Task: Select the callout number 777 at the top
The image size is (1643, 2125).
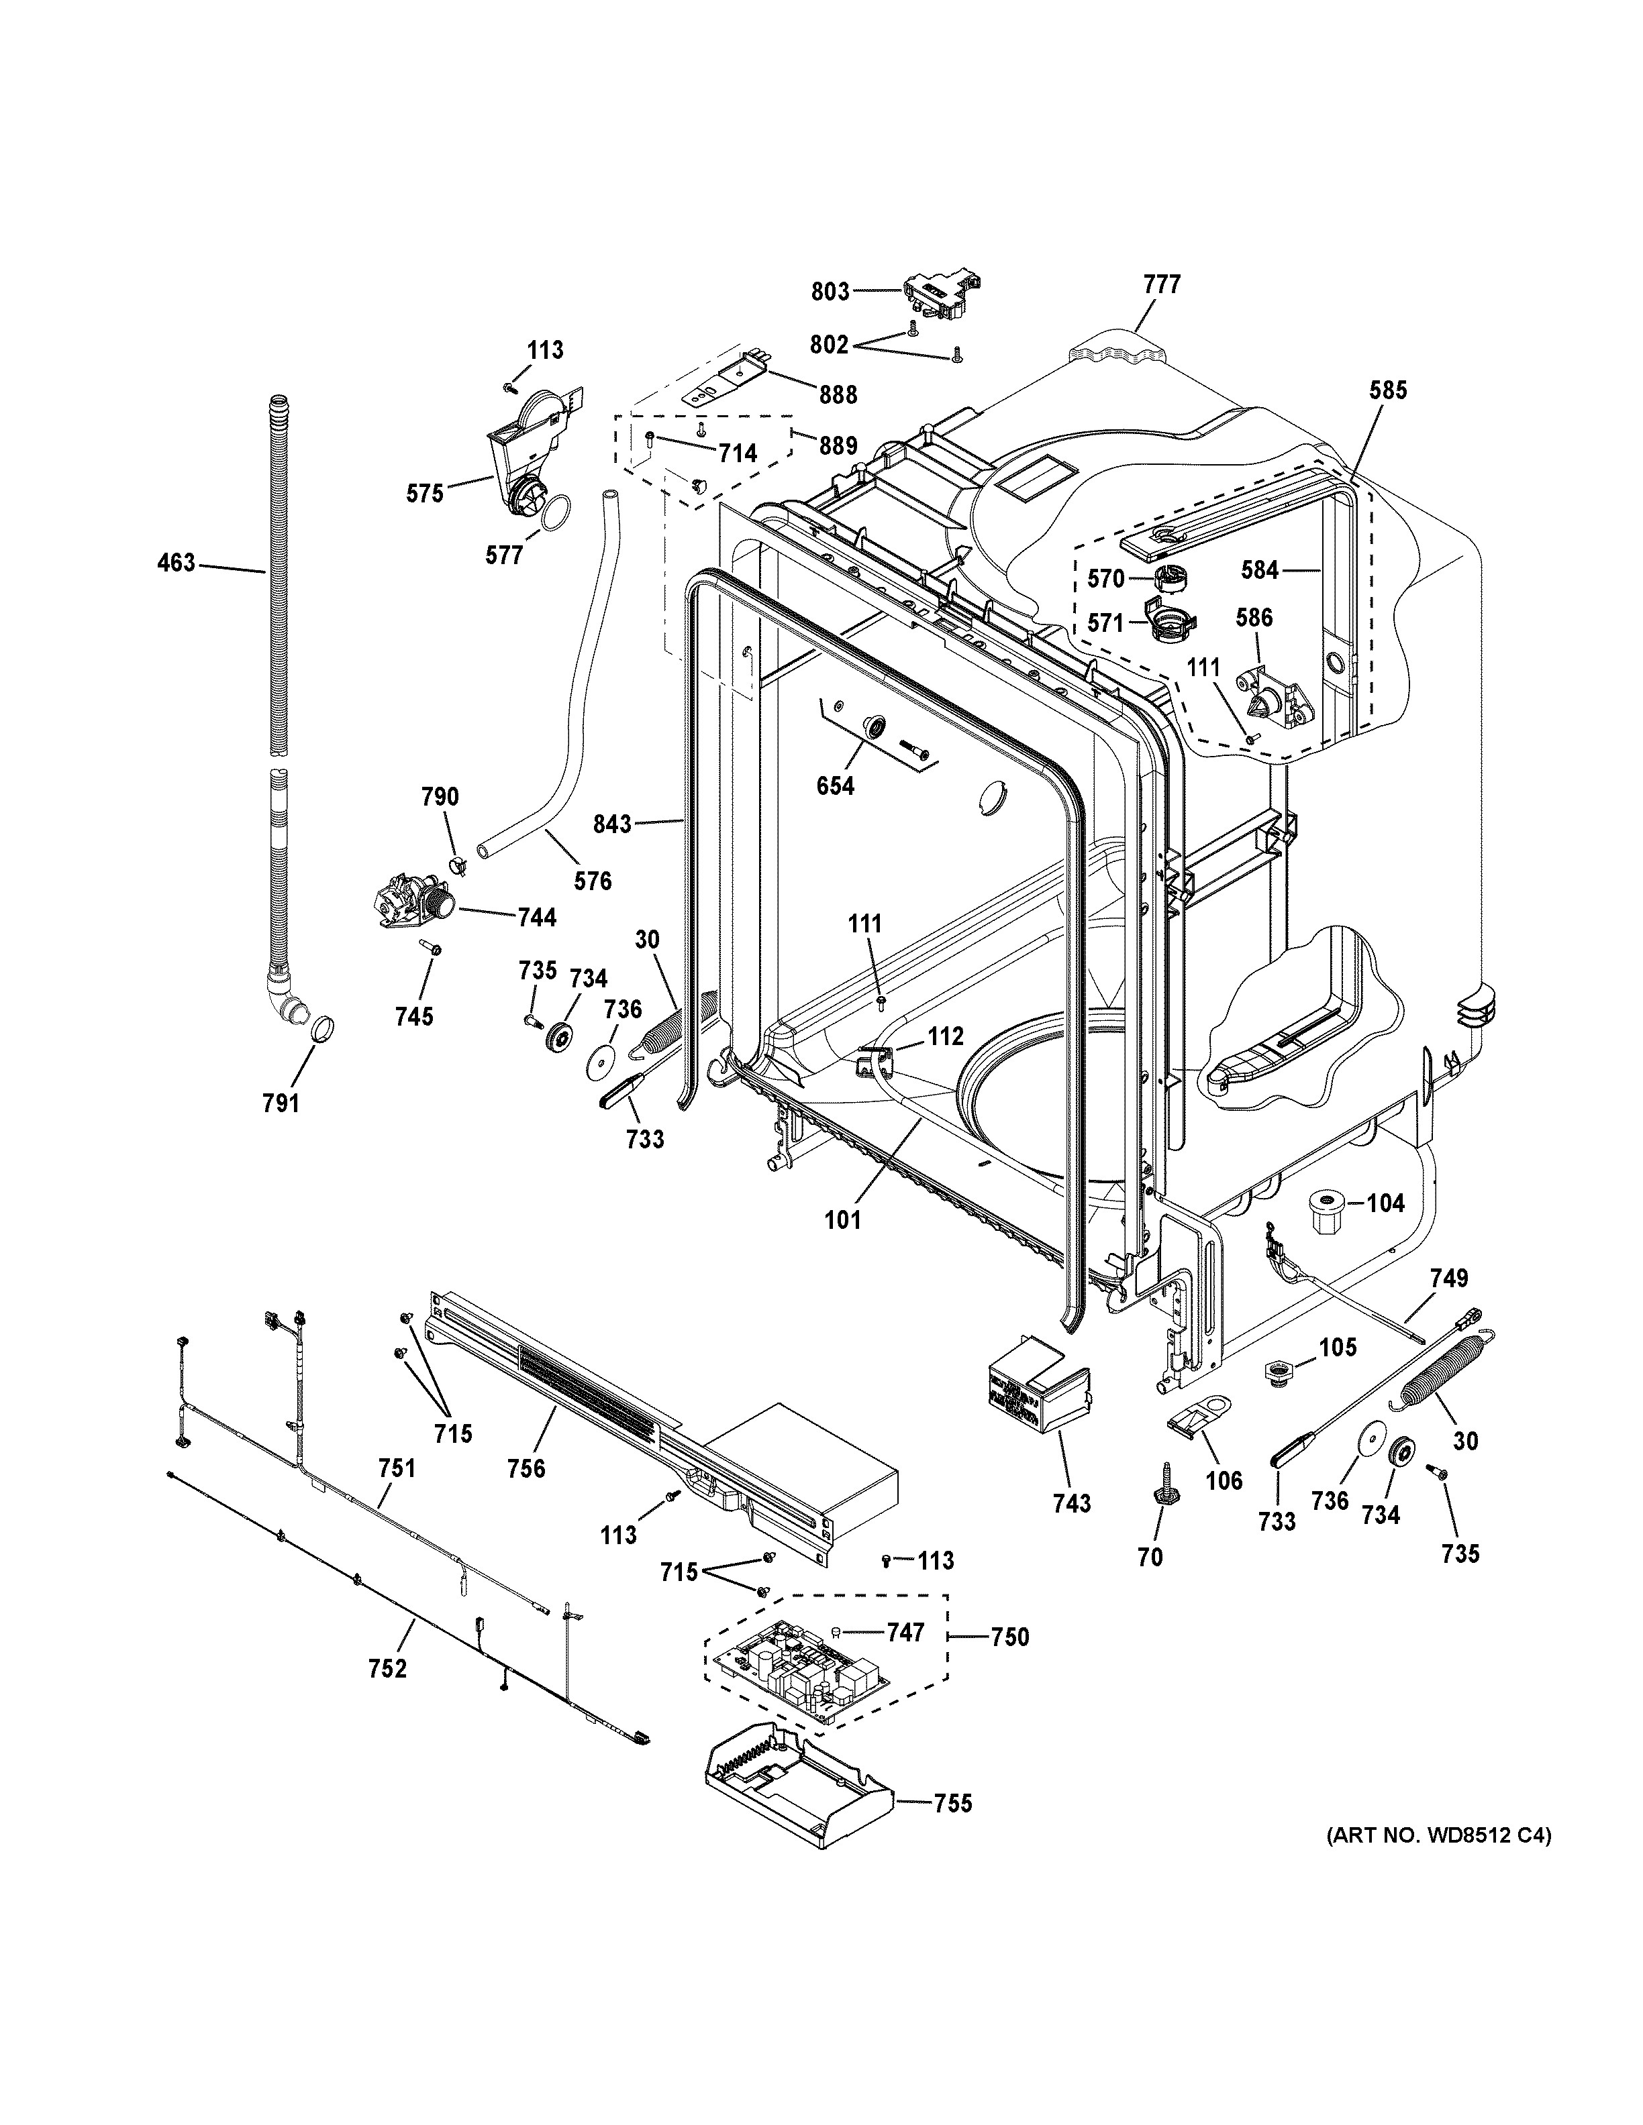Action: pyautogui.click(x=1161, y=284)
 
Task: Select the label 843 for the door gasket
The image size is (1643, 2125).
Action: pyautogui.click(x=613, y=824)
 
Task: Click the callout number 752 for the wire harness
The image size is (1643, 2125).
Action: pyautogui.click(x=387, y=1669)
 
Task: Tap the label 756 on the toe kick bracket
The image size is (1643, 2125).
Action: pyautogui.click(x=527, y=1468)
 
